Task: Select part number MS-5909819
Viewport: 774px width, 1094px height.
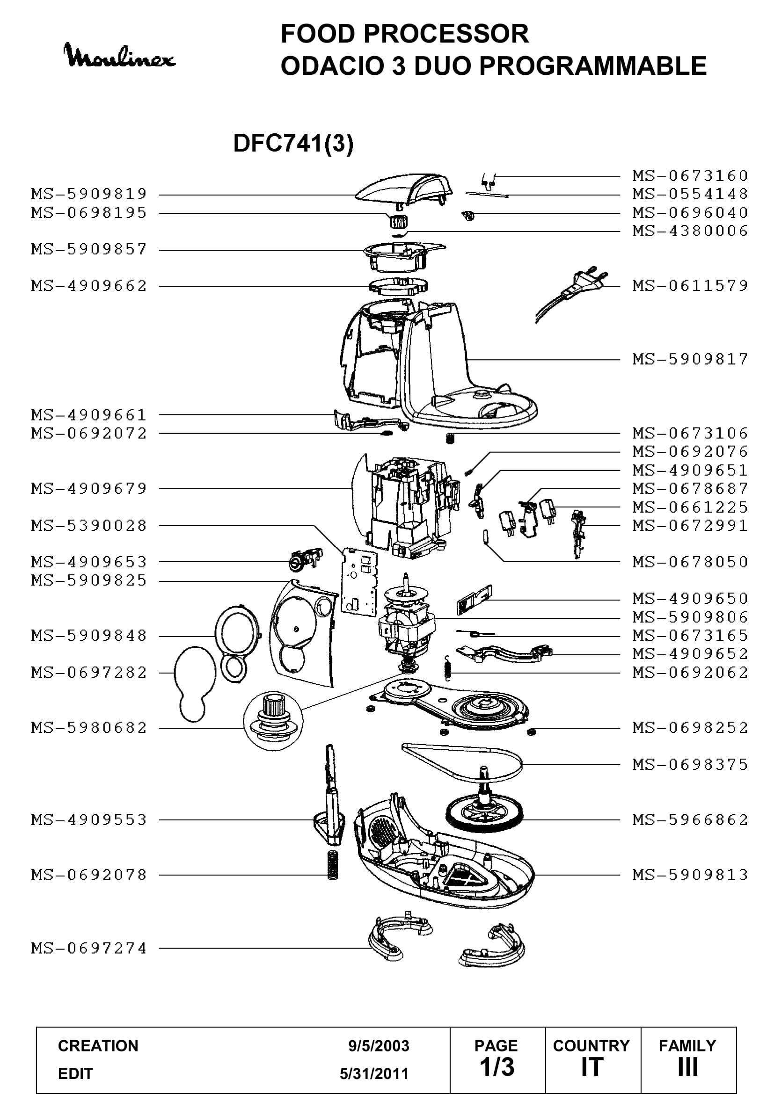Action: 89,194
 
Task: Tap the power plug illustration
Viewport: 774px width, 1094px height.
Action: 572,293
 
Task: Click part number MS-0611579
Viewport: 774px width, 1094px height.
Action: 690,285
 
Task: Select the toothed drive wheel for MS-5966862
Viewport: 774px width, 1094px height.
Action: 484,815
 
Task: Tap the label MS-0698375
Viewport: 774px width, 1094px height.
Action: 690,764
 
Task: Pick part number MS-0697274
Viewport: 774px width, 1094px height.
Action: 89,948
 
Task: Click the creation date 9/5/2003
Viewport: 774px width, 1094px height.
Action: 379,1046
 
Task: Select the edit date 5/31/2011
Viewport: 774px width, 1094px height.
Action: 374,1073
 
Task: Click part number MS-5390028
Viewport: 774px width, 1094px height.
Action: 89,526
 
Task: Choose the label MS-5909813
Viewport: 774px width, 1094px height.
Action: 690,875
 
